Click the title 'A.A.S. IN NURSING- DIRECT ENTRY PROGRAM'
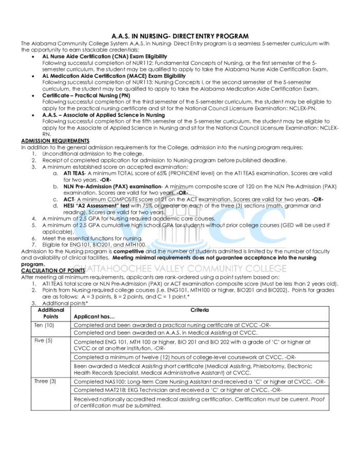[180, 36]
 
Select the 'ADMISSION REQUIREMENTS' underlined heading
[55, 141]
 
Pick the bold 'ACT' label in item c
[69, 199]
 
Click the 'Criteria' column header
[200, 310]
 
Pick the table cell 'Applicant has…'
[95, 316]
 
